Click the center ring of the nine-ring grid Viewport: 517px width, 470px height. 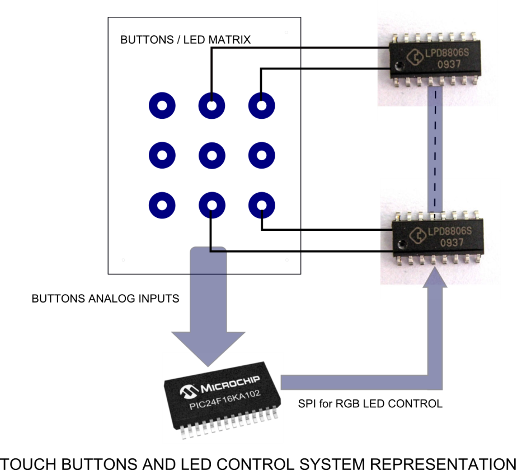coord(212,155)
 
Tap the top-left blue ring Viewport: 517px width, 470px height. coord(162,106)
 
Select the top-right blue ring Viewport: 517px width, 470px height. coord(261,106)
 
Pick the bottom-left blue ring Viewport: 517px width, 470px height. coord(162,206)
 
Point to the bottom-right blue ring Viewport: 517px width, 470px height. coord(261,206)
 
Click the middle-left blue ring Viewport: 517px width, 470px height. coord(162,155)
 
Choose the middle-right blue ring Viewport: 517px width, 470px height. coord(261,155)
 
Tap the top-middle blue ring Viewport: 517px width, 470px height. coord(212,106)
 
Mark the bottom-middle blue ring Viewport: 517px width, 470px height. coord(212,206)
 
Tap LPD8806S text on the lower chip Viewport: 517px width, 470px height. coord(450,231)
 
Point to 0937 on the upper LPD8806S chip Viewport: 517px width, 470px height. coord(449,64)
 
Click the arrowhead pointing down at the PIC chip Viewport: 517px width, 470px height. coord(208,347)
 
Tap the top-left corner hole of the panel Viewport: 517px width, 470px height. coord(123,32)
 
